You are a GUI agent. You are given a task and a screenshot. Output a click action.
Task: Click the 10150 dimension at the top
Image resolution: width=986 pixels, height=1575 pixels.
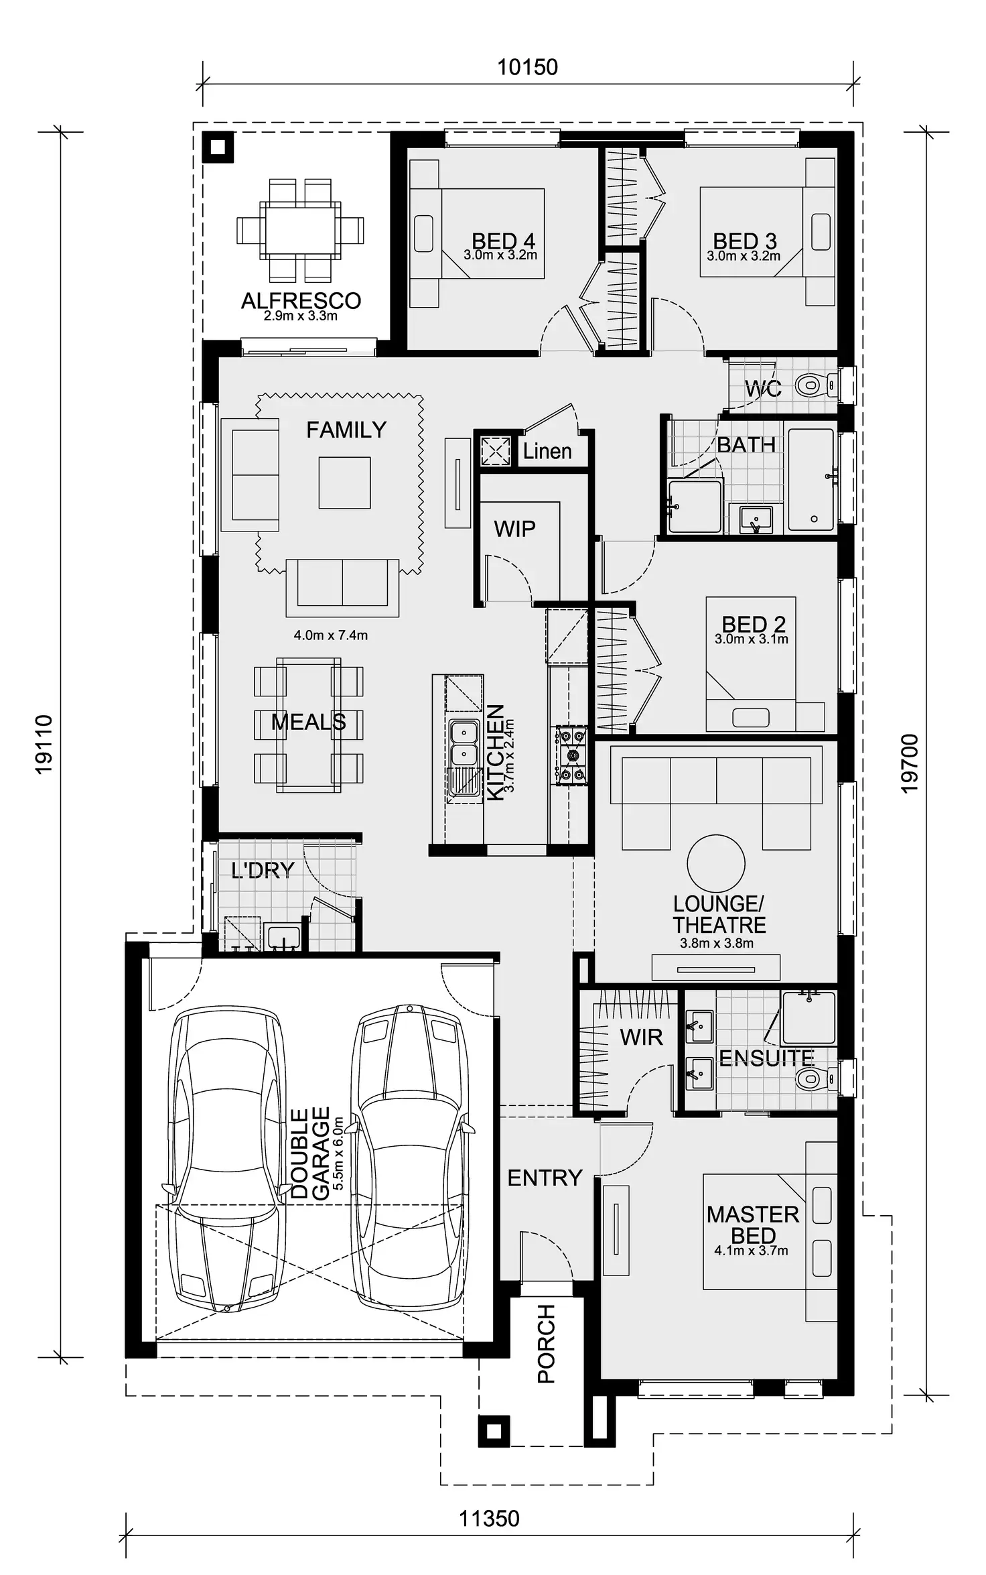527,67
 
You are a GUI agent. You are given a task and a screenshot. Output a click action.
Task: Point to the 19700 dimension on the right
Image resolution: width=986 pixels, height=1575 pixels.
910,764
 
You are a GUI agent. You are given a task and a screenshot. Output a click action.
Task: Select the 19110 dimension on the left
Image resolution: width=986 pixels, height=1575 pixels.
44,745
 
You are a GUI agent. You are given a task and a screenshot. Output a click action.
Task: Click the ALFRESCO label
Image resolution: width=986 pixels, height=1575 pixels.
301,301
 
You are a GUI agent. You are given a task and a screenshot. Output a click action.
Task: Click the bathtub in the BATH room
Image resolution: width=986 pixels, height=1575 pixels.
811,480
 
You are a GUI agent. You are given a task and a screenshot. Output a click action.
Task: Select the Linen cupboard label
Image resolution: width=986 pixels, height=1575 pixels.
547,451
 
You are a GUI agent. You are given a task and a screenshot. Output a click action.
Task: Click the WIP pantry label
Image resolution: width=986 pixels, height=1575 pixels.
514,529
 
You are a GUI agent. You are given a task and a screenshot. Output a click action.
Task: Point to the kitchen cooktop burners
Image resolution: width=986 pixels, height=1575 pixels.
571,755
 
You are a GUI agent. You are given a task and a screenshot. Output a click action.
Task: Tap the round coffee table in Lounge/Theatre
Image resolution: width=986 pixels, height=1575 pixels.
715,864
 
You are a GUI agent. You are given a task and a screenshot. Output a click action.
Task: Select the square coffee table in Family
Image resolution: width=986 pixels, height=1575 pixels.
344,483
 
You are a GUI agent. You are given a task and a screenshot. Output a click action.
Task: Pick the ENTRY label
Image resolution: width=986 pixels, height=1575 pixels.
545,1178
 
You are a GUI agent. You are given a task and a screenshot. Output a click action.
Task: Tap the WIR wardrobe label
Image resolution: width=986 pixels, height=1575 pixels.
641,1037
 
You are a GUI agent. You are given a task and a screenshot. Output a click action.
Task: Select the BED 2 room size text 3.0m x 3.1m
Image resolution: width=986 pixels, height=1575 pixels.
751,639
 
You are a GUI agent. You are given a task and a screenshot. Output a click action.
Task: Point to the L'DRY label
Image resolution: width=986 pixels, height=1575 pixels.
263,870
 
